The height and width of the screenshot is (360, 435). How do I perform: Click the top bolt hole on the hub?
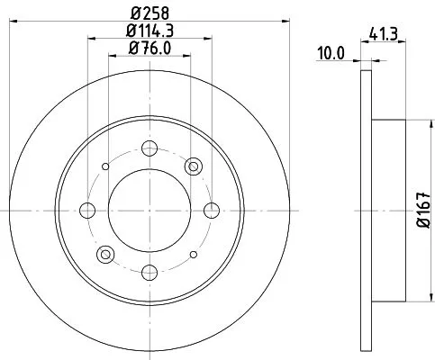[150, 148]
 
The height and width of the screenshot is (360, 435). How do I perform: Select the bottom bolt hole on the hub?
[150, 271]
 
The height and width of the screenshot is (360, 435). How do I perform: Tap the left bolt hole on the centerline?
[87, 210]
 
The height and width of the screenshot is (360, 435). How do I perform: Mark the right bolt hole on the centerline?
[212, 210]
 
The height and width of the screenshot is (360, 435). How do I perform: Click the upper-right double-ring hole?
[193, 166]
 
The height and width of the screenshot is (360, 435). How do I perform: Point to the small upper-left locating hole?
[106, 166]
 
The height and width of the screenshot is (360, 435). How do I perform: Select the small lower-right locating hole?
[193, 253]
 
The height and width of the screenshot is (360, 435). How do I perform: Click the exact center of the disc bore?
[150, 210]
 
